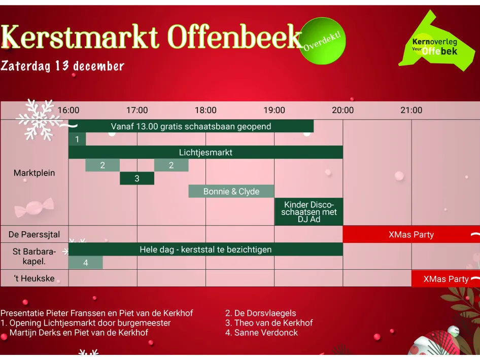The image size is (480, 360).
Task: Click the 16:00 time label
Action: tap(68, 110)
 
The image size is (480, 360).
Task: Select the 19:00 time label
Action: tap(274, 110)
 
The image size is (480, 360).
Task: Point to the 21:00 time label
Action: tap(411, 110)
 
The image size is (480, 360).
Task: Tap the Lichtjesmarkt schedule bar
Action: tap(205, 152)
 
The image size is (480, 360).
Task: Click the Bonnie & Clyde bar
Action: tap(231, 191)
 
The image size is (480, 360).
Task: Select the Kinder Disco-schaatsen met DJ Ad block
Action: tap(308, 212)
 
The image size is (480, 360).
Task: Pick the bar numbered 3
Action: tap(137, 178)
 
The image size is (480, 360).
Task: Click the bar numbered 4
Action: tap(85, 263)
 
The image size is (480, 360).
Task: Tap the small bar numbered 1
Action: tap(77, 139)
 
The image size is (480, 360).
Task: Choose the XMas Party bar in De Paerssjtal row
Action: tap(411, 235)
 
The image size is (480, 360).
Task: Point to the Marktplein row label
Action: tap(34, 173)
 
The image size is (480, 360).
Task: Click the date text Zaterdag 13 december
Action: tap(62, 66)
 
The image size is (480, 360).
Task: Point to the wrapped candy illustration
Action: tap(33, 208)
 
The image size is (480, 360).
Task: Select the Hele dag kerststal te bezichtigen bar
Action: tap(205, 249)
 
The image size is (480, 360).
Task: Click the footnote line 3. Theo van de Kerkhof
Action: tap(269, 323)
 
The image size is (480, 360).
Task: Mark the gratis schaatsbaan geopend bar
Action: tap(191, 126)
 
